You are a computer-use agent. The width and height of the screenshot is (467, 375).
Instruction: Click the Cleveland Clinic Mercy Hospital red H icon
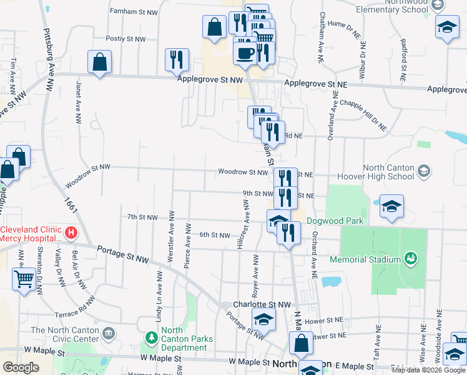[71, 234]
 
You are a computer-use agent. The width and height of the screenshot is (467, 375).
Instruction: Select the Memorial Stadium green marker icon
[410, 257]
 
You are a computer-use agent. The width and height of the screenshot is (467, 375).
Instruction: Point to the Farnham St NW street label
[134, 11]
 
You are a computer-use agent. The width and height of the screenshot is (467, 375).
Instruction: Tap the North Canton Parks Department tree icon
[150, 338]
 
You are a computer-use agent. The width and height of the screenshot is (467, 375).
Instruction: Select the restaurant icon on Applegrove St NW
[177, 59]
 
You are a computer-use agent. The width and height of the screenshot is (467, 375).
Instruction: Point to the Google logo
[21, 367]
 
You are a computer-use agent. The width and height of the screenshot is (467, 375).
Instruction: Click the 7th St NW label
[142, 217]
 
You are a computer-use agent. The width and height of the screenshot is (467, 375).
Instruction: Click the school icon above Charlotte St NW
[264, 319]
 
